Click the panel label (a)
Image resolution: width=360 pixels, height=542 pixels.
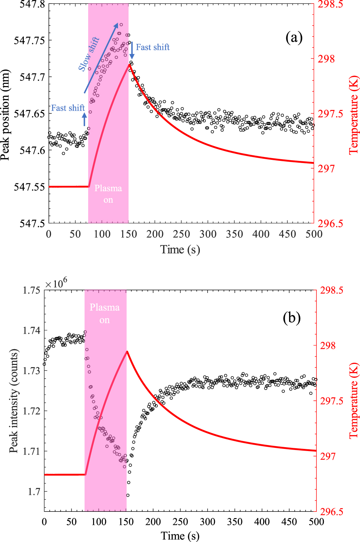pyautogui.click(x=294, y=37)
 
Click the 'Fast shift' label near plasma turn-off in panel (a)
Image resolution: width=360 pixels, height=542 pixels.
pyautogui.click(x=152, y=47)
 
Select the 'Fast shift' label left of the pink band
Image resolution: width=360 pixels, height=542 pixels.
pyautogui.click(x=68, y=108)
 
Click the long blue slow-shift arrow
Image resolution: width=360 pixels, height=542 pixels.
pyautogui.click(x=101, y=58)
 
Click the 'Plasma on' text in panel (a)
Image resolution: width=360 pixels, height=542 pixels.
pyautogui.click(x=108, y=194)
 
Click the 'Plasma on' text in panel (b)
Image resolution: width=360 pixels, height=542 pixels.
pyautogui.click(x=105, y=313)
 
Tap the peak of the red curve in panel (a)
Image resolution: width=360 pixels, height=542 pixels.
pyautogui.click(x=129, y=65)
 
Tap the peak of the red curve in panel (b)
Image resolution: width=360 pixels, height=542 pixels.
pyautogui.click(x=127, y=351)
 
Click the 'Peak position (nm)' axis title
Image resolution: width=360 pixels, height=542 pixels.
pyautogui.click(x=5, y=115)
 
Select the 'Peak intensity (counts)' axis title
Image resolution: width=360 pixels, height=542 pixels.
pyautogui.click(x=13, y=401)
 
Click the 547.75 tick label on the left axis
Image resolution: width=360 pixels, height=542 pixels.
pyautogui.click(x=29, y=40)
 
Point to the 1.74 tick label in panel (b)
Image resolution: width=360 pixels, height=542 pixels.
pyautogui.click(x=32, y=331)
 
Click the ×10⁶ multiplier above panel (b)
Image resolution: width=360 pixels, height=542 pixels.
pyautogui.click(x=56, y=283)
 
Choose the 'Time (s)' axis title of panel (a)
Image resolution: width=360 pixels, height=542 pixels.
pyautogui.click(x=180, y=250)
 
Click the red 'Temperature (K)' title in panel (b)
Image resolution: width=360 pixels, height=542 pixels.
pyautogui.click(x=353, y=401)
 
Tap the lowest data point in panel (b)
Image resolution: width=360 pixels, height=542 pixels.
pyautogui.click(x=127, y=495)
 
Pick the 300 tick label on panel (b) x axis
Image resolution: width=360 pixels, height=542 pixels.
pyautogui.click(x=208, y=522)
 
